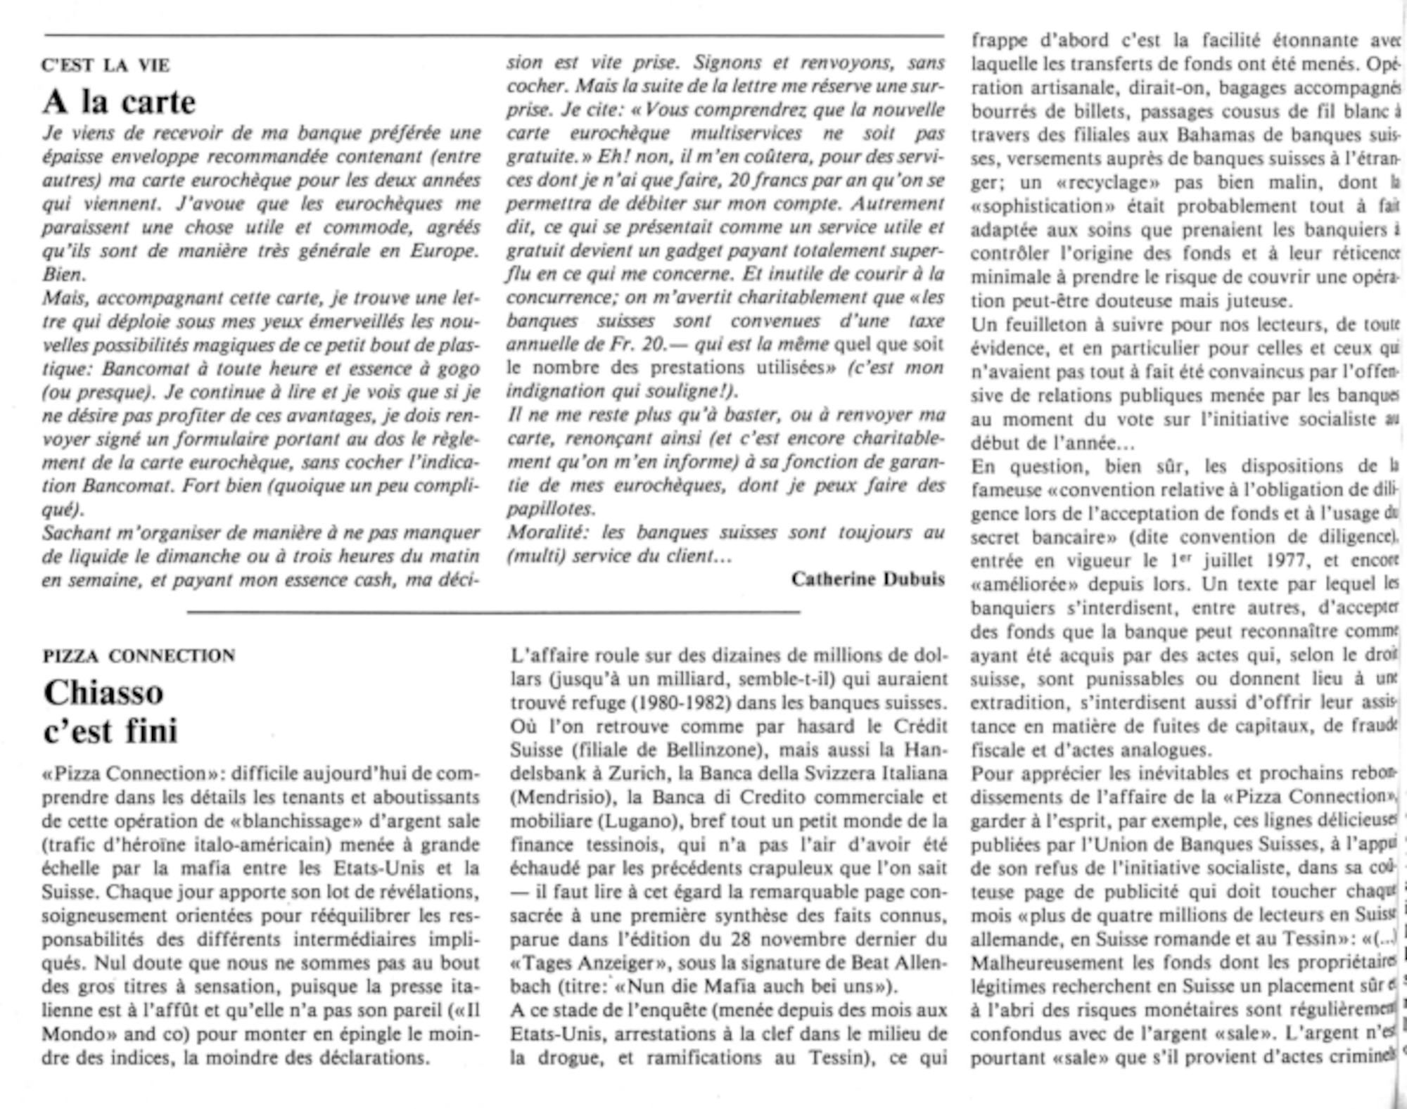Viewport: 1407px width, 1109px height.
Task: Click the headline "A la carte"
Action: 119,102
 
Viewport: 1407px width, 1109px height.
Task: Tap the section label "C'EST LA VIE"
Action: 106,65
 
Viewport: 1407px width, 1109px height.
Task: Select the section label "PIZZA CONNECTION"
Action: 139,655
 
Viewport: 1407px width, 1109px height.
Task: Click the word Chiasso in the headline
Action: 103,693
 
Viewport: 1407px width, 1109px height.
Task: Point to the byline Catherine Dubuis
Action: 867,579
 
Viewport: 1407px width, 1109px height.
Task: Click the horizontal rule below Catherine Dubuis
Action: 492,613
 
